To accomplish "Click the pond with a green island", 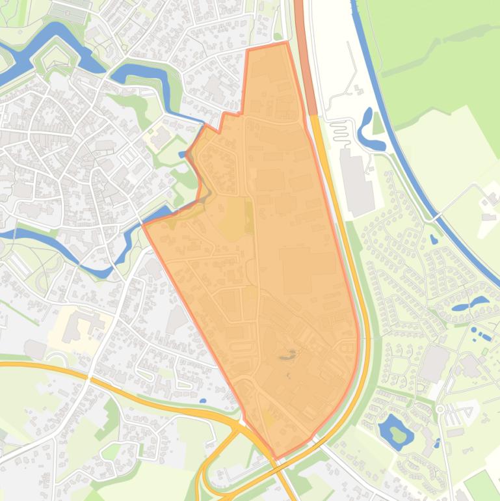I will tap(395, 429).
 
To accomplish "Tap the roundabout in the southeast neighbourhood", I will tap(440, 409).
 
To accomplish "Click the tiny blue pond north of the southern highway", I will tap(204, 401).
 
